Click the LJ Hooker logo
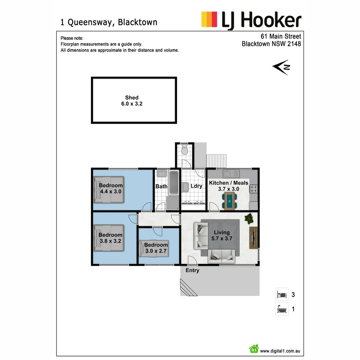pos(251,20)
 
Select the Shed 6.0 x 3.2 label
pos(132,101)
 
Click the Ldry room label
pos(196,186)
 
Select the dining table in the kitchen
pos(230,201)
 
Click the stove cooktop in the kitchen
pos(254,189)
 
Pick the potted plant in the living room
pos(249,219)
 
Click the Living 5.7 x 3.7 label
pos(222,235)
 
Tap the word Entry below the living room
pos(192,270)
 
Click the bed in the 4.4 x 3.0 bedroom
pos(109,190)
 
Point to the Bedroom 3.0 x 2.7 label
pos(156,248)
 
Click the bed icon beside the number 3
pos(282,295)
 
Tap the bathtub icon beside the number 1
pos(282,309)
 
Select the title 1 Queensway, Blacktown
pos(109,22)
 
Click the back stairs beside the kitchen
pos(217,161)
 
